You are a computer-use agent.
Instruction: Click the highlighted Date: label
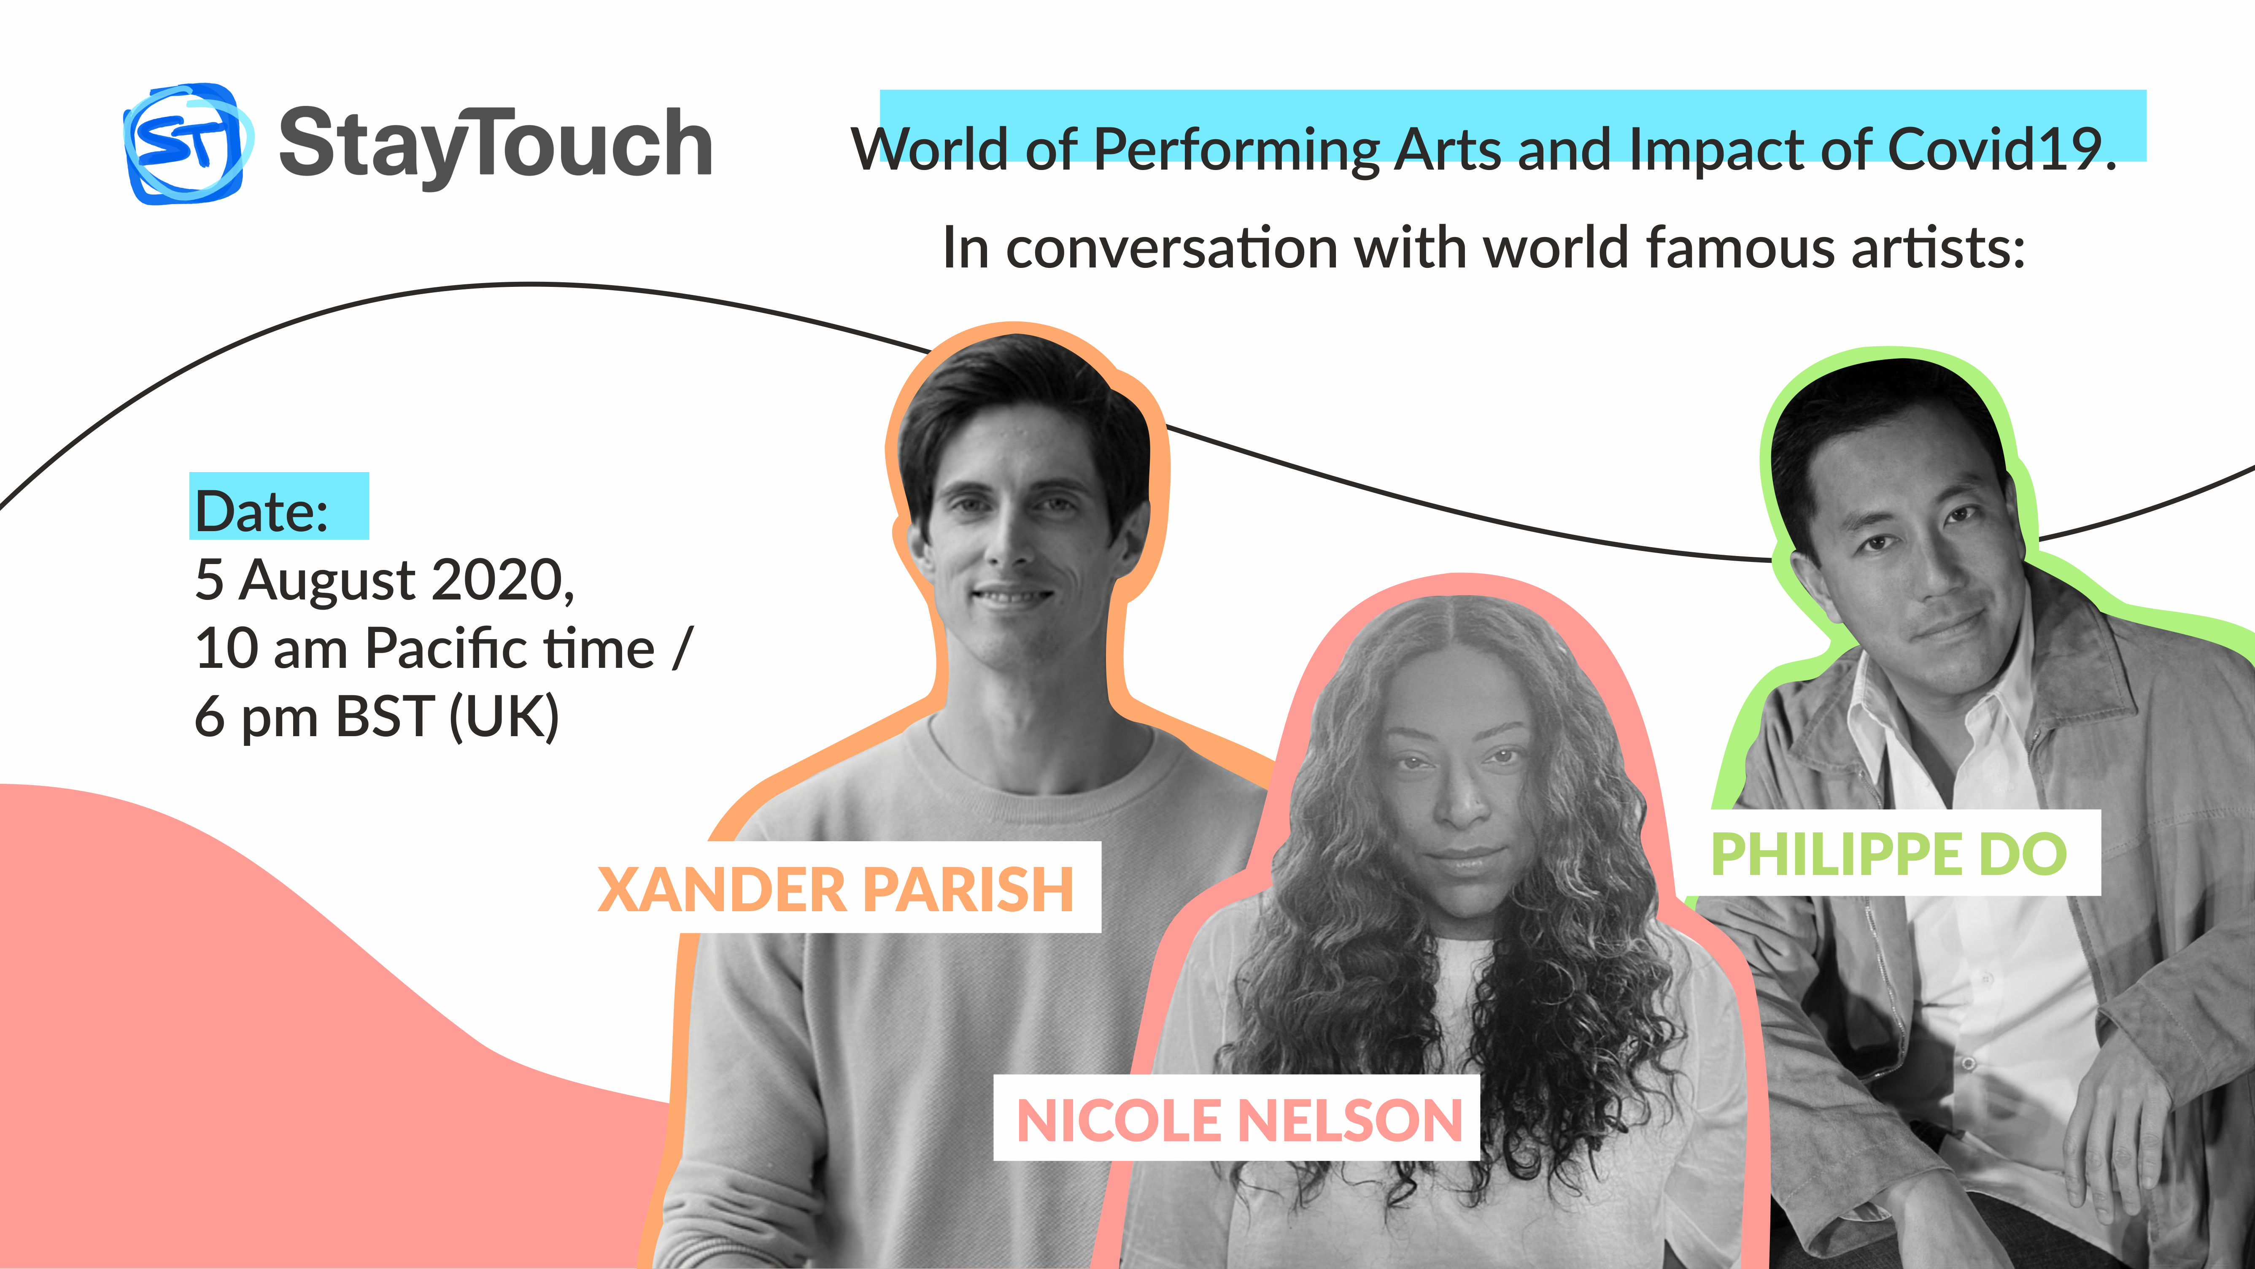click(x=261, y=510)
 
